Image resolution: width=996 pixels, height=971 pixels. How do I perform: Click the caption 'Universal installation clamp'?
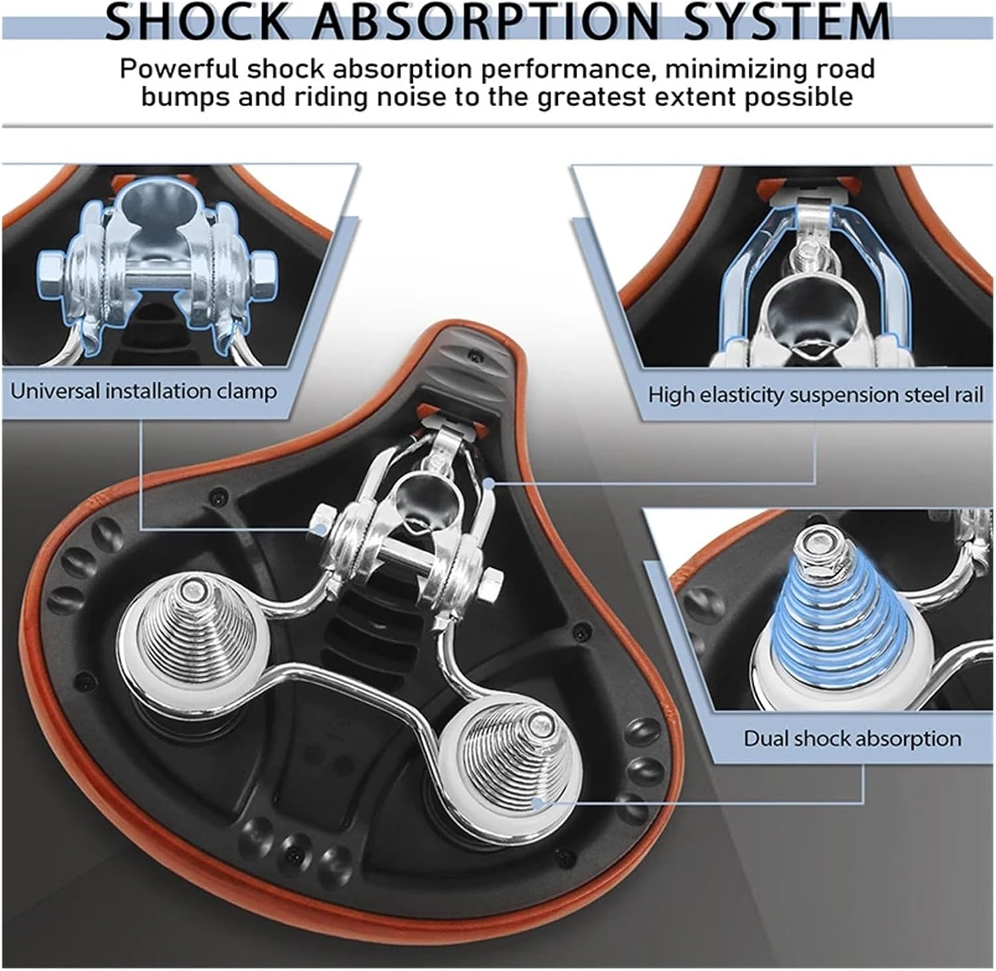pyautogui.click(x=143, y=391)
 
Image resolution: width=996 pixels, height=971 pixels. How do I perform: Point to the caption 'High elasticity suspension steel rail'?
pyautogui.click(x=815, y=395)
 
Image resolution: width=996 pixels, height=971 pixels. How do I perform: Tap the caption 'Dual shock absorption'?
pyautogui.click(x=852, y=739)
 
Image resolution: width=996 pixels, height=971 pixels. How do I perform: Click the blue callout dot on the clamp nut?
pyautogui.click(x=322, y=528)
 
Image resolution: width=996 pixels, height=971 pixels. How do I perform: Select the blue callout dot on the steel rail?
pyautogui.click(x=489, y=484)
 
